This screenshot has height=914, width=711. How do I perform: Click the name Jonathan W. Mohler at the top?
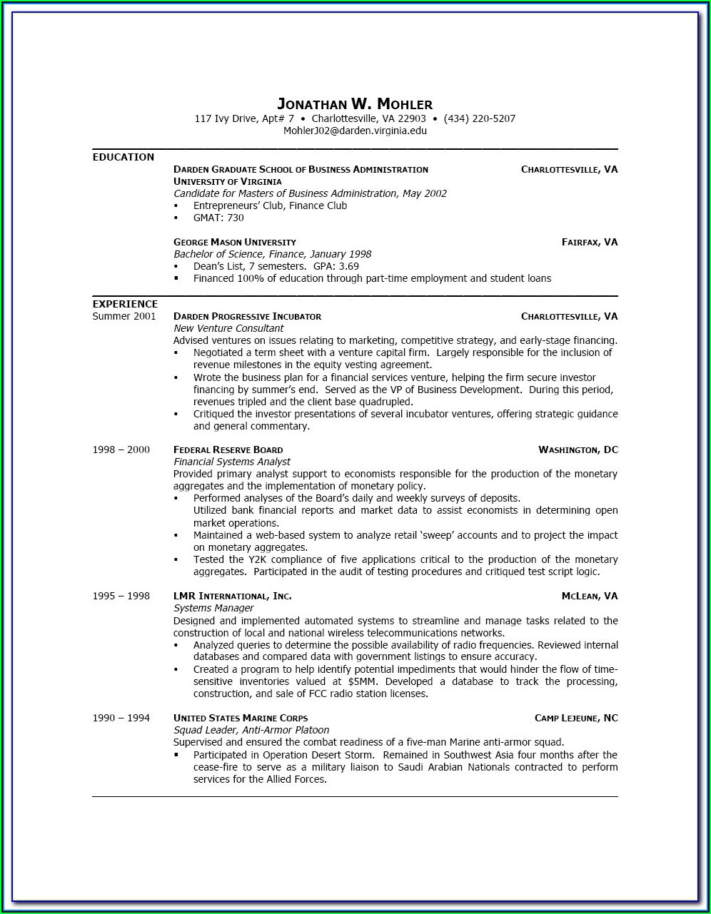click(355, 104)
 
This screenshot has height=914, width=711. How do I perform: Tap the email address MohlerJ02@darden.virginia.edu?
click(355, 131)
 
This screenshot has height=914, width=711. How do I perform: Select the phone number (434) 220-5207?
click(479, 118)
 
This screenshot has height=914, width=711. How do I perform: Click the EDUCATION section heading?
click(123, 157)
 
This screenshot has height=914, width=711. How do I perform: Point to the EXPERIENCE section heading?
click(125, 304)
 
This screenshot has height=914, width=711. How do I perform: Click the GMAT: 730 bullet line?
click(218, 218)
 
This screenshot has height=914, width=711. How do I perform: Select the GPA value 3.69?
click(348, 266)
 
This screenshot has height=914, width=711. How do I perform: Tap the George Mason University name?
click(234, 242)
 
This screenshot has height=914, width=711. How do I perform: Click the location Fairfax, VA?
click(590, 242)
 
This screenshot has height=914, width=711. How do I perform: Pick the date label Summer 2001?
click(124, 316)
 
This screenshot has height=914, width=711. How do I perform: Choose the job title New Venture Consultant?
click(228, 328)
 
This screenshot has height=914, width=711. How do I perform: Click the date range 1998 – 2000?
click(121, 450)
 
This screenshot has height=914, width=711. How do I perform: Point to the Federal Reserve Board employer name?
click(228, 450)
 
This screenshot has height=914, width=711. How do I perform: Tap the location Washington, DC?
click(578, 450)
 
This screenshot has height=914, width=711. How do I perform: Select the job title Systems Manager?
click(213, 608)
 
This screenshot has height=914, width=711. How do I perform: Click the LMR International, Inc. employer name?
click(232, 596)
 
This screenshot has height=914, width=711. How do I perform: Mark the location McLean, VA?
click(590, 596)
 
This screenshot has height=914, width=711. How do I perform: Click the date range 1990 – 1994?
click(121, 718)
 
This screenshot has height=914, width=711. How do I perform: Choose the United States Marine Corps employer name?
click(241, 718)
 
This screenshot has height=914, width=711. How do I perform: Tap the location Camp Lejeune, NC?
click(576, 718)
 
